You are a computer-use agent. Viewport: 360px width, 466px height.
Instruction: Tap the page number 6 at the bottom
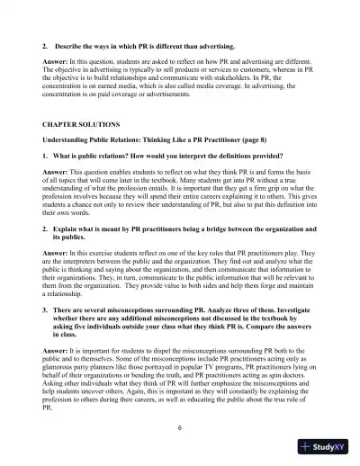click(x=180, y=426)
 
